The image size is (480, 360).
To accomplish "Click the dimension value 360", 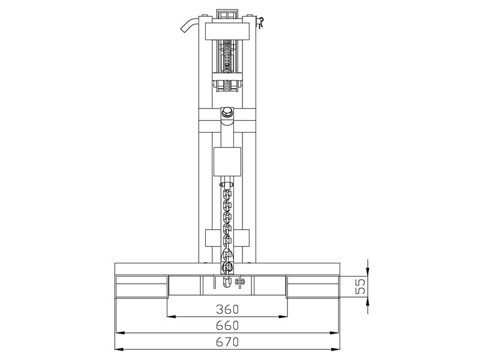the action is pyautogui.click(x=227, y=309).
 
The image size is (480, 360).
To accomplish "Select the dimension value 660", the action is pyautogui.click(x=227, y=325).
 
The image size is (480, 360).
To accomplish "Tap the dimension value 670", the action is pyautogui.click(x=227, y=341).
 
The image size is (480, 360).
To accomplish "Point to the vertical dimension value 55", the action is pyautogui.click(x=361, y=286).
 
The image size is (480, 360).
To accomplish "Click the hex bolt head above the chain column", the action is pyautogui.click(x=227, y=112).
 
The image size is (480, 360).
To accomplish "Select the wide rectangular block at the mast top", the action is pyautogui.click(x=227, y=31).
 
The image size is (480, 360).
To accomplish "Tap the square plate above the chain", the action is pyautogui.click(x=227, y=161).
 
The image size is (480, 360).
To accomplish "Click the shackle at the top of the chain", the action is pyautogui.click(x=227, y=185).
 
